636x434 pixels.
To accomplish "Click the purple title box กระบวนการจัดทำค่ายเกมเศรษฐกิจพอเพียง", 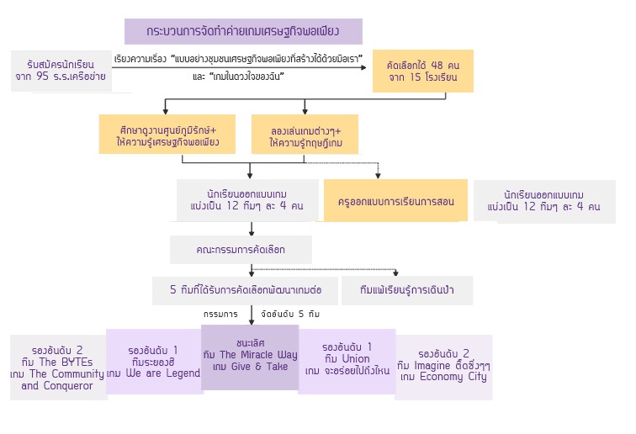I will (242, 32).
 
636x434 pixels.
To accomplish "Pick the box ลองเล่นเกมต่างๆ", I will (305, 136).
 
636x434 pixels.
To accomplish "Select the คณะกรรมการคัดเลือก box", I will (241, 250).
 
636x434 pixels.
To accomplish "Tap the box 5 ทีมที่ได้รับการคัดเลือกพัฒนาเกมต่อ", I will (245, 290).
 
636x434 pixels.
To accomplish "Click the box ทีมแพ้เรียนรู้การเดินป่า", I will (406, 290).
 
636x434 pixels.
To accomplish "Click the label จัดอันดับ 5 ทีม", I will (290, 314).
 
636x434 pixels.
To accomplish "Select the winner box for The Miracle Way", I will (250, 357).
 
